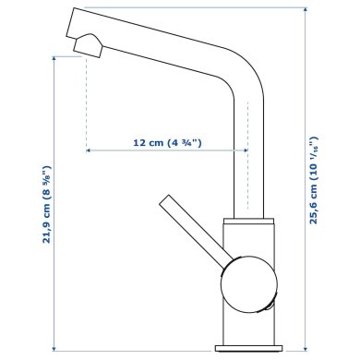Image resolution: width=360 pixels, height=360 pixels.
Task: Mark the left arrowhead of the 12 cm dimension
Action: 89,151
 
